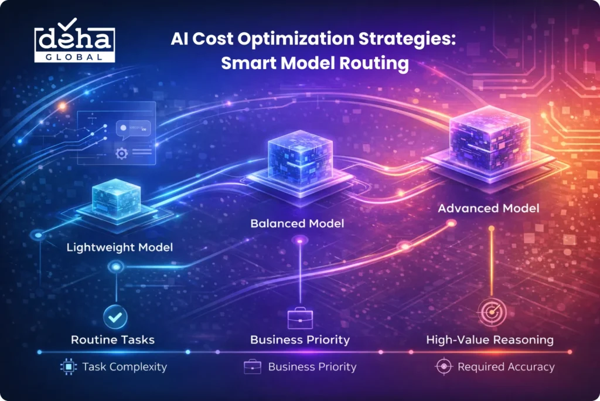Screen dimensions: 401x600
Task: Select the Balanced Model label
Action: pyautogui.click(x=297, y=223)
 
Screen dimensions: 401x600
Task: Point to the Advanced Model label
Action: pyautogui.click(x=489, y=208)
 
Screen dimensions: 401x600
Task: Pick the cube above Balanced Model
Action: pyautogui.click(x=299, y=157)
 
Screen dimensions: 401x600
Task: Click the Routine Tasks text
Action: pyautogui.click(x=112, y=339)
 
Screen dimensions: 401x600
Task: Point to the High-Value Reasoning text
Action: pyautogui.click(x=489, y=339)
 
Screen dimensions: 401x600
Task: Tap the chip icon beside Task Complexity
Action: pyautogui.click(x=68, y=367)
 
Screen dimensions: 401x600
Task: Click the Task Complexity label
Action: pyautogui.click(x=124, y=367)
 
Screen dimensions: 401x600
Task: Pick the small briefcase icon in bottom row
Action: pyautogui.click(x=252, y=367)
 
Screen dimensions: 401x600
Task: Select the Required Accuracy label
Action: pyautogui.click(x=505, y=367)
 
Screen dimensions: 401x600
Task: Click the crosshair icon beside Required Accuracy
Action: pyautogui.click(x=444, y=367)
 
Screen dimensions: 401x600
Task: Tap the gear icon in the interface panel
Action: pyautogui.click(x=121, y=154)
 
